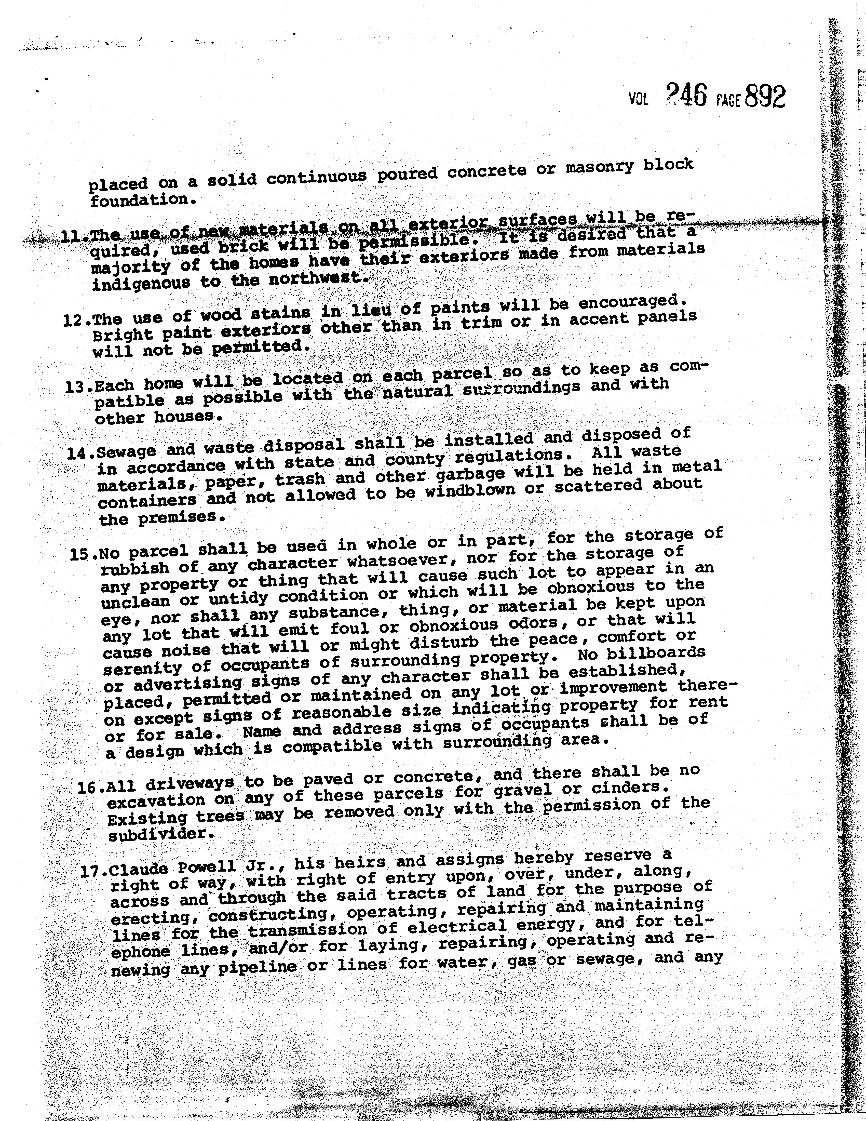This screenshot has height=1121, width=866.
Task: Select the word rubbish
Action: pyautogui.click(x=135, y=568)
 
